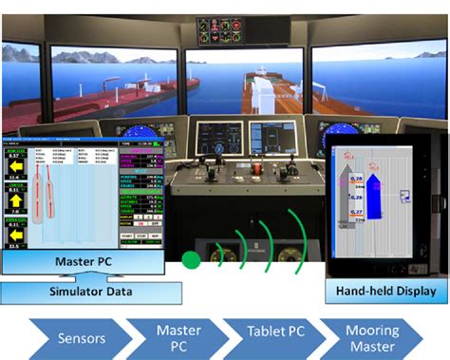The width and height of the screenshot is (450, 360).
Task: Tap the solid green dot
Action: click(189, 257)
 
